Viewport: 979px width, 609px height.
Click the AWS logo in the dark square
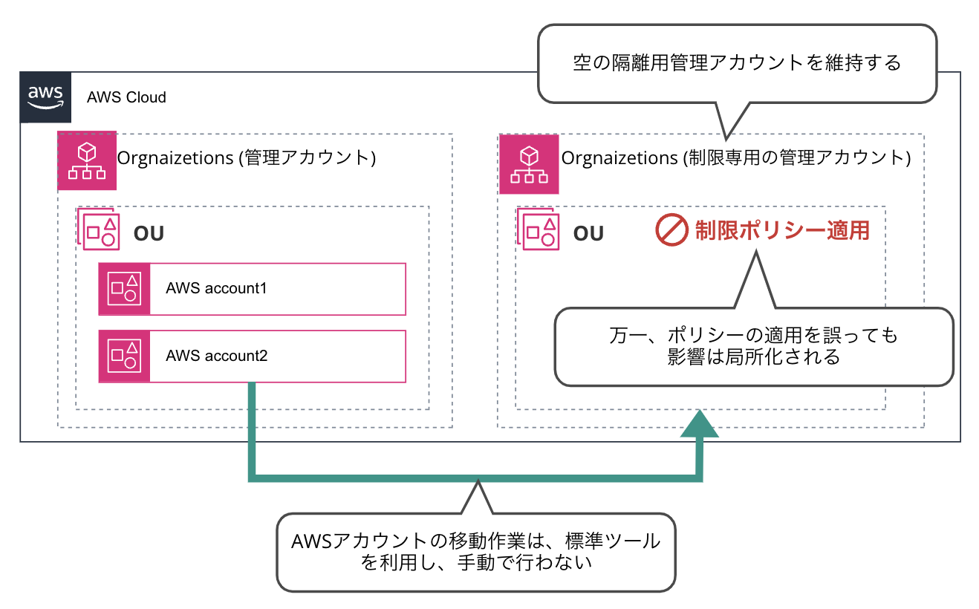[45, 97]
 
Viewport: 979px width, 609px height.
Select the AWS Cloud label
[126, 97]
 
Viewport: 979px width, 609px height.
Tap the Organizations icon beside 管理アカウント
[87, 162]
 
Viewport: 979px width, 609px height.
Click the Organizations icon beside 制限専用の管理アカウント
[528, 164]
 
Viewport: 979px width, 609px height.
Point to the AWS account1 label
[216, 288]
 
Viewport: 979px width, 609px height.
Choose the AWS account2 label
[216, 356]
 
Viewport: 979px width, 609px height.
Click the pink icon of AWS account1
[124, 289]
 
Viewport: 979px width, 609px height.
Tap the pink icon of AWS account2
[124, 356]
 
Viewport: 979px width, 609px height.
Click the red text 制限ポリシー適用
[782, 230]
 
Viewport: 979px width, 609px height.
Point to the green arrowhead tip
[698, 411]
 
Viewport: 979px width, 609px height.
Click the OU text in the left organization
[149, 233]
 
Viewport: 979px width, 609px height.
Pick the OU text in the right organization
[588, 233]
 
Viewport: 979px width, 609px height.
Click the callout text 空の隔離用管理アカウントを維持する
[737, 63]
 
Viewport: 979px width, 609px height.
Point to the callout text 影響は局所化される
[753, 357]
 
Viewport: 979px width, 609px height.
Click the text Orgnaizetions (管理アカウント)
[246, 158]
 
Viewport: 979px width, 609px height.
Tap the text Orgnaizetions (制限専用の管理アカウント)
[735, 158]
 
